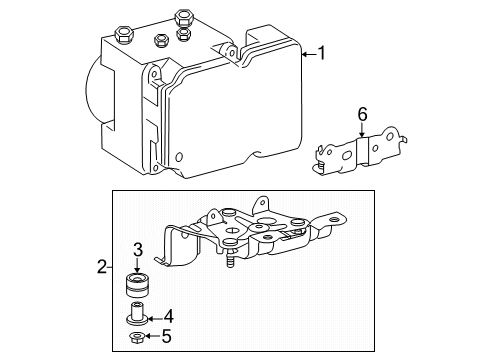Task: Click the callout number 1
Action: pyautogui.click(x=322, y=52)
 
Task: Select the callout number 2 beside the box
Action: pyautogui.click(x=101, y=267)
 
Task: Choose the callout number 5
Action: pyautogui.click(x=168, y=337)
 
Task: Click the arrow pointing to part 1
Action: pyautogui.click(x=306, y=52)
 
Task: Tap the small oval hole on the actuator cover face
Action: pyautogui.click(x=179, y=157)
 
